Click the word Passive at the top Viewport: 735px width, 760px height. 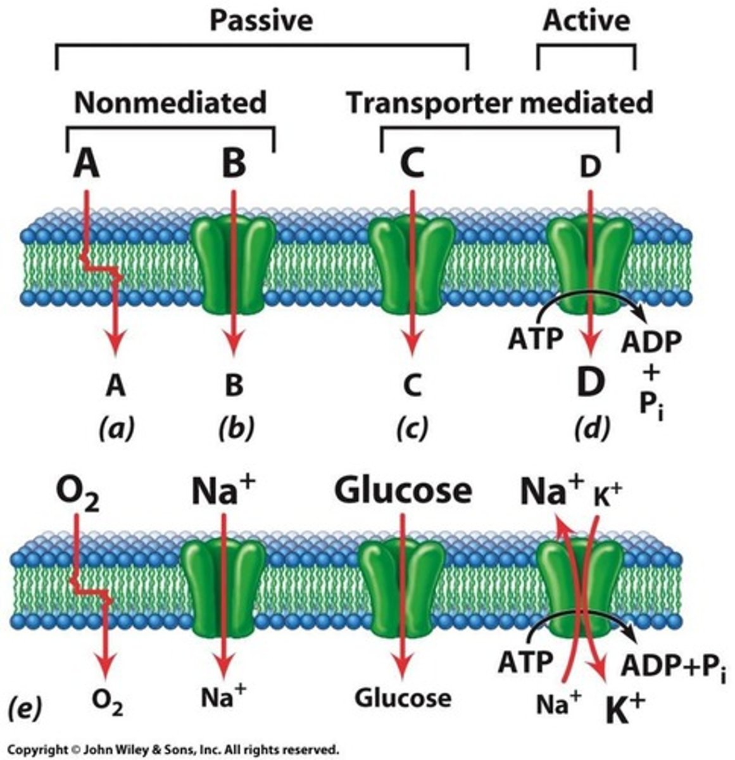(261, 20)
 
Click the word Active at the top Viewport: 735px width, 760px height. (586, 20)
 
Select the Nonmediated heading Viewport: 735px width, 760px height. (170, 103)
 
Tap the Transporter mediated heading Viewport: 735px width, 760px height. (499, 103)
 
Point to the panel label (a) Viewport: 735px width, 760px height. (116, 428)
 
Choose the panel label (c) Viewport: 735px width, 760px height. (412, 428)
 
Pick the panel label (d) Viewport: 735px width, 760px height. (592, 428)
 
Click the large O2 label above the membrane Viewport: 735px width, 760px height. (79, 493)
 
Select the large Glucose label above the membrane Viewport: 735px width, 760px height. (403, 490)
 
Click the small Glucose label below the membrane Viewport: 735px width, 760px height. (403, 698)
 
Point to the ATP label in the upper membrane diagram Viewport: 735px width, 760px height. (535, 339)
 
